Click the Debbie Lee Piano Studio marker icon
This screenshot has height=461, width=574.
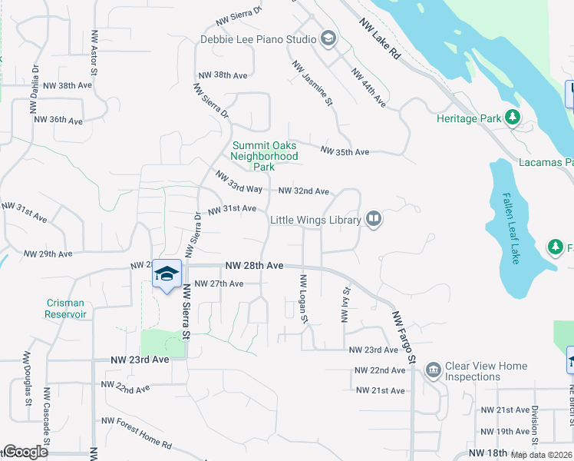click(328, 39)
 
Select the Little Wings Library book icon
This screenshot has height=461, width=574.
click(373, 220)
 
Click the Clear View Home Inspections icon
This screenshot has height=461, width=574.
click(433, 371)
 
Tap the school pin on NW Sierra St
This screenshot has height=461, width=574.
click(167, 275)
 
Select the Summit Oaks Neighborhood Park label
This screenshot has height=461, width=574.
click(265, 156)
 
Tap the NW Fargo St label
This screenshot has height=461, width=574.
click(404, 337)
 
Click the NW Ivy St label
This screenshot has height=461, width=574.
click(345, 305)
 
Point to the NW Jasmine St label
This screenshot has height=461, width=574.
click(312, 83)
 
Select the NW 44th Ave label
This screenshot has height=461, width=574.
click(368, 86)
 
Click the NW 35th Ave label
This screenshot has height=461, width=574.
click(345, 152)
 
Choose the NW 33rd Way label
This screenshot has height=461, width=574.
click(239, 183)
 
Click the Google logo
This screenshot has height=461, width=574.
click(25, 453)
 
